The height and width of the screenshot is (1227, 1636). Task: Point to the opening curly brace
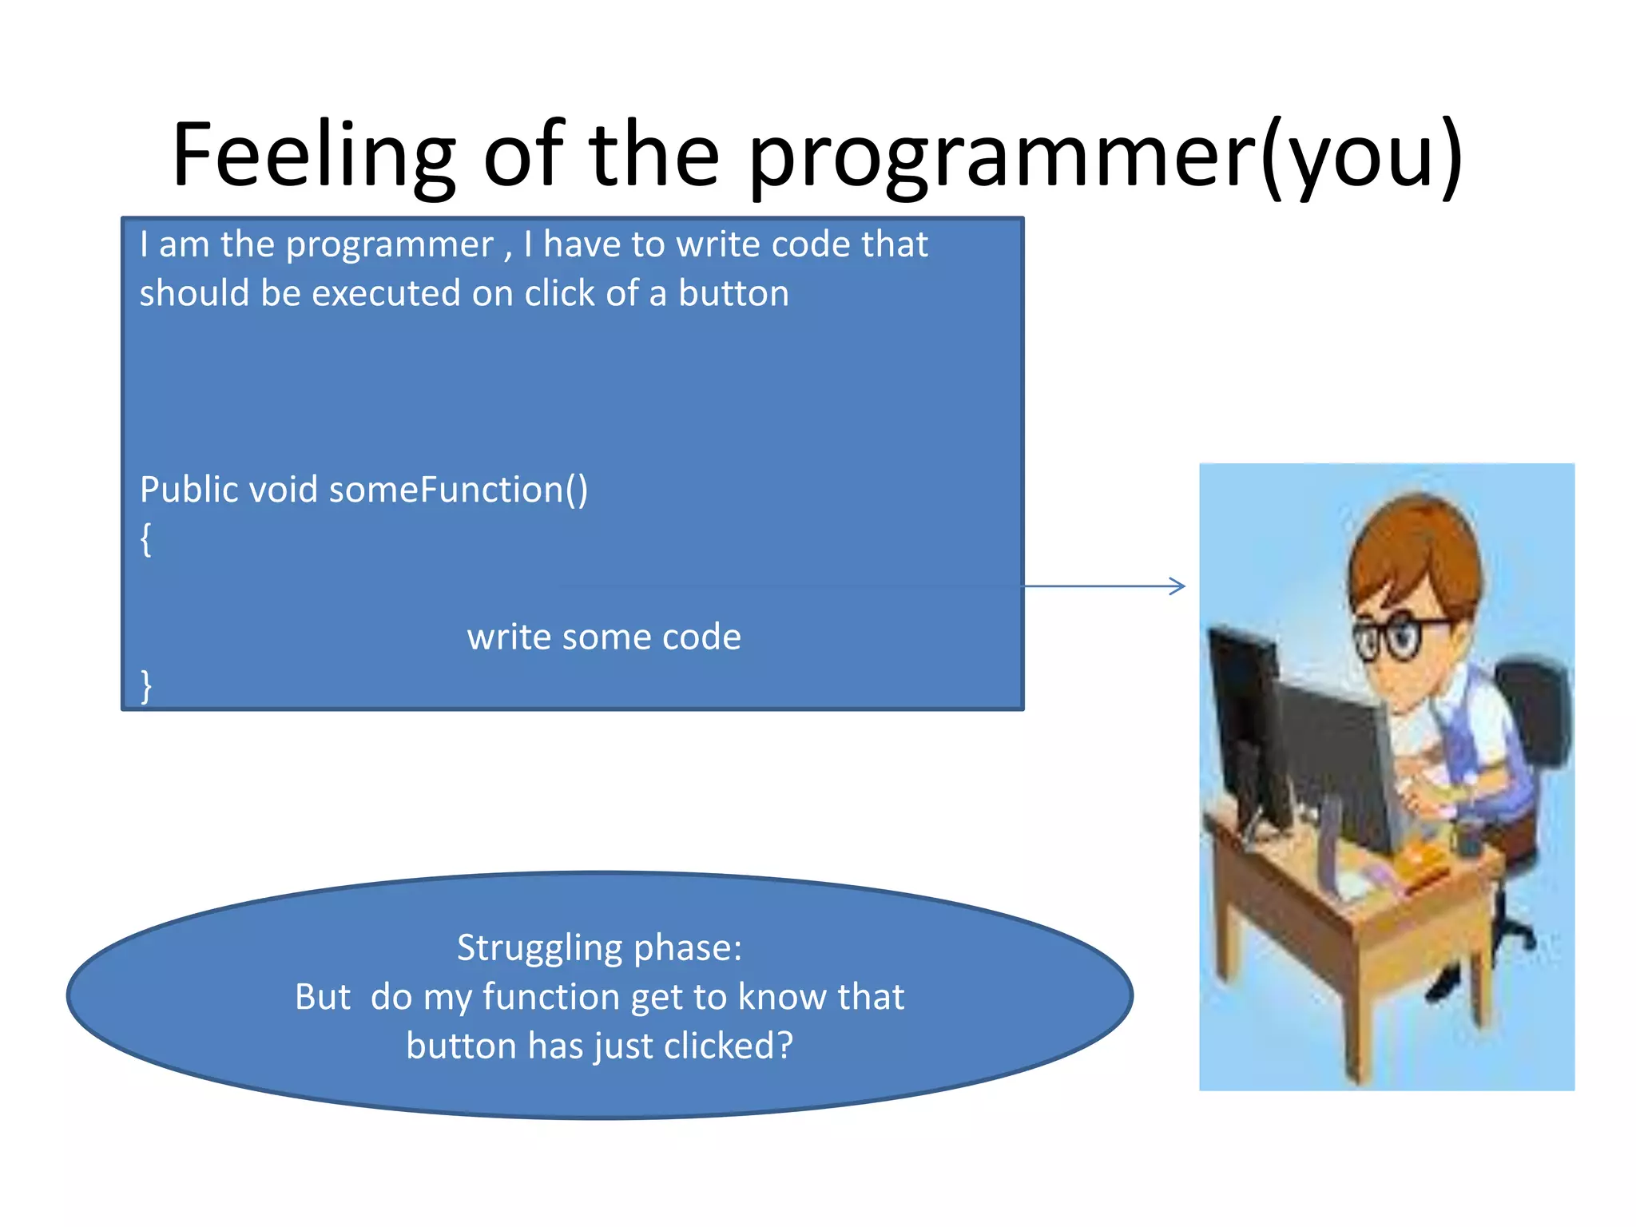click(145, 539)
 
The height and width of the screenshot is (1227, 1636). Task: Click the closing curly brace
click(145, 685)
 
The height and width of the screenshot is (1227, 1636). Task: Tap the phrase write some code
click(604, 637)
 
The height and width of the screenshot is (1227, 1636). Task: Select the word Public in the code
click(189, 490)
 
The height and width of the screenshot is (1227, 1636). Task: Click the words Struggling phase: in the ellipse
click(599, 948)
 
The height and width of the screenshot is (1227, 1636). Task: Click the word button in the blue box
click(733, 293)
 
